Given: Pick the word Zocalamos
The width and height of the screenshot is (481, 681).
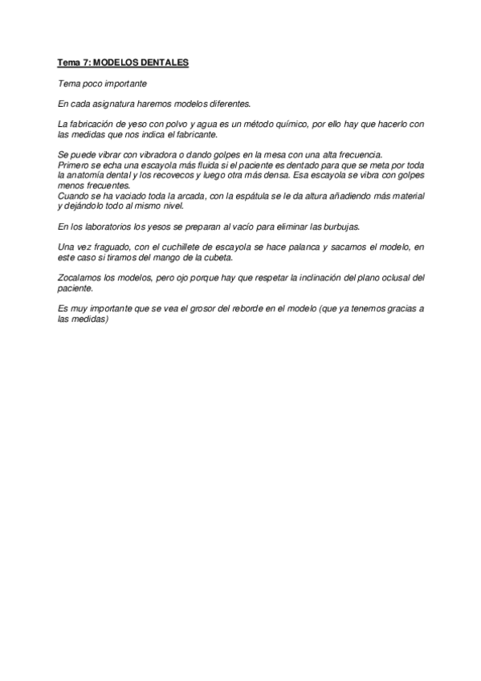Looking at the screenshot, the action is (x=80, y=277).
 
